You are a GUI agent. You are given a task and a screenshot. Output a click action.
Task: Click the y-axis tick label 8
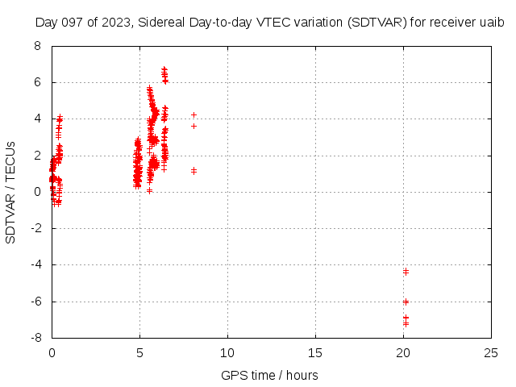[38, 46]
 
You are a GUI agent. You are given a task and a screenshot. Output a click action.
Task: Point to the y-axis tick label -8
[36, 338]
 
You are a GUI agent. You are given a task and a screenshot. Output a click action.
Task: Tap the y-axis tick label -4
[36, 265]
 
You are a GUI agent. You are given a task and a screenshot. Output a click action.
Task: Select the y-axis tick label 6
[38, 82]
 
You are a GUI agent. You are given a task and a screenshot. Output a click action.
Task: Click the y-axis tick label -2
[36, 228]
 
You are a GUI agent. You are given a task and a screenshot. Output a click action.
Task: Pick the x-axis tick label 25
[491, 353]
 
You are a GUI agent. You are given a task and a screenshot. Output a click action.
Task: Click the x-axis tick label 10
[227, 353]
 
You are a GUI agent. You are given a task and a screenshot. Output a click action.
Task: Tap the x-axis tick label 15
[315, 353]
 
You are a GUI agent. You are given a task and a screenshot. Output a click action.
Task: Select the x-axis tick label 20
[403, 353]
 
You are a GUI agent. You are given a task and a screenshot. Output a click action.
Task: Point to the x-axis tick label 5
[139, 353]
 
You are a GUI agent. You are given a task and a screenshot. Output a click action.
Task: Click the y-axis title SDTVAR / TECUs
[10, 192]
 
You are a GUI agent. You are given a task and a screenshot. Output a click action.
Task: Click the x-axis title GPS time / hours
[269, 375]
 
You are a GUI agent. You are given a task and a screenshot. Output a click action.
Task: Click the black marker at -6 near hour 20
[406, 302]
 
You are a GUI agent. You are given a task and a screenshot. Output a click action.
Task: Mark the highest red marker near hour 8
[193, 114]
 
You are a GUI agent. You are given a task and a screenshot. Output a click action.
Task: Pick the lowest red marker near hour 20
[406, 323]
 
